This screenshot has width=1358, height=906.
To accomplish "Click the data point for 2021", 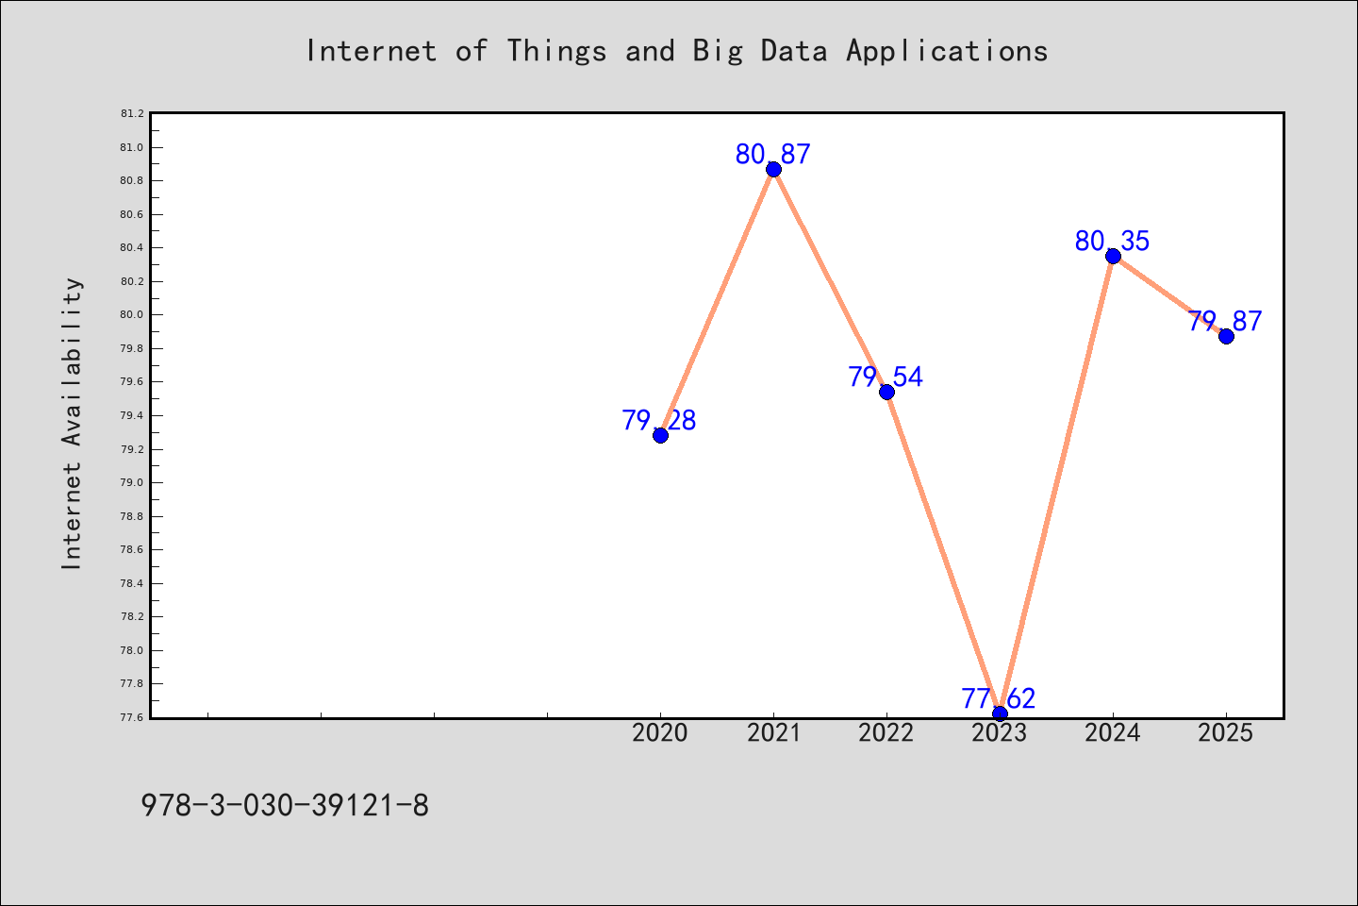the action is tap(773, 169).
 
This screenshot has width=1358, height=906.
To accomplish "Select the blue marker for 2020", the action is tap(660, 435).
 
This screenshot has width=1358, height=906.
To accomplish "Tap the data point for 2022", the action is tap(886, 392).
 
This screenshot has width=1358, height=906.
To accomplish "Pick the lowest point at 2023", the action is tap(1000, 713).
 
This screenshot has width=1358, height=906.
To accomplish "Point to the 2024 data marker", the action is tap(1113, 256).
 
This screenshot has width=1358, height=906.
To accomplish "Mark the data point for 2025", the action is tap(1226, 336).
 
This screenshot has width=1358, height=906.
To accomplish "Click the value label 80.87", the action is tap(773, 154).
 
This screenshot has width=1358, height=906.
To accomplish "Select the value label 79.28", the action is tap(659, 420).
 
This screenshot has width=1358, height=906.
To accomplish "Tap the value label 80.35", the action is tap(1113, 241).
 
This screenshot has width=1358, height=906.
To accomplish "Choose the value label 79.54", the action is tap(886, 377).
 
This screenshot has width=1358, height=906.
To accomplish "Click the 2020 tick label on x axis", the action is tap(659, 733).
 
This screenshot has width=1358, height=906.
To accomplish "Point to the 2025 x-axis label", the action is tap(1225, 733).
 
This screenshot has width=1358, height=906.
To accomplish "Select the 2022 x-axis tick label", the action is tap(886, 733).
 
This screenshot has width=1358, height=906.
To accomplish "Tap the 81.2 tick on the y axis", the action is tap(132, 113).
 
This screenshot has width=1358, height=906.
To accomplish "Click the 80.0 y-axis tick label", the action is tap(132, 314).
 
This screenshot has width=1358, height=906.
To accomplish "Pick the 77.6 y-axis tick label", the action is tap(132, 717).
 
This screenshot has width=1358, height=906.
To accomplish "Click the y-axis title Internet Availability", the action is tap(72, 424).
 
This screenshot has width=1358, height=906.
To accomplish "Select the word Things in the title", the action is tap(556, 51).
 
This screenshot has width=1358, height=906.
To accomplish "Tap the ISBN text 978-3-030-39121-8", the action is tap(285, 806).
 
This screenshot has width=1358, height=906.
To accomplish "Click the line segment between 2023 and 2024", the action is tap(1056, 485).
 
